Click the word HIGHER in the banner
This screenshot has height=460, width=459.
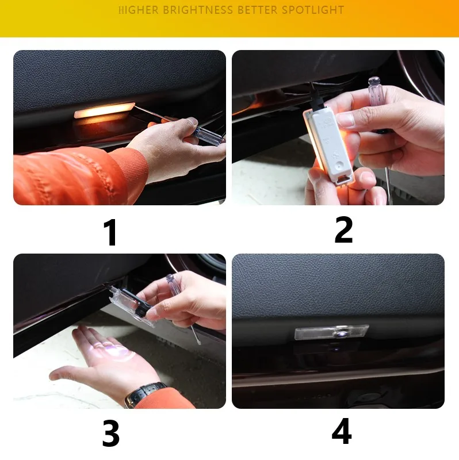point(139,10)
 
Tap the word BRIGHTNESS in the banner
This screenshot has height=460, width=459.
point(197,10)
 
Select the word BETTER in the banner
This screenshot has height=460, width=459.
point(257,10)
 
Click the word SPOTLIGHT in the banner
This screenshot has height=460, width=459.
point(313,10)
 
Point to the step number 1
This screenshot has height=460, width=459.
point(110,232)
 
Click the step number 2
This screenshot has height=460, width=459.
point(343,229)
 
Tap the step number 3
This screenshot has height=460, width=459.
point(110,433)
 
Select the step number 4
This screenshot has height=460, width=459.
point(342,431)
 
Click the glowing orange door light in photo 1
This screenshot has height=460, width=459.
point(104,110)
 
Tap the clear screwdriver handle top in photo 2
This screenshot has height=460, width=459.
point(374,91)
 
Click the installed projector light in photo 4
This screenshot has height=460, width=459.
point(332,332)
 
